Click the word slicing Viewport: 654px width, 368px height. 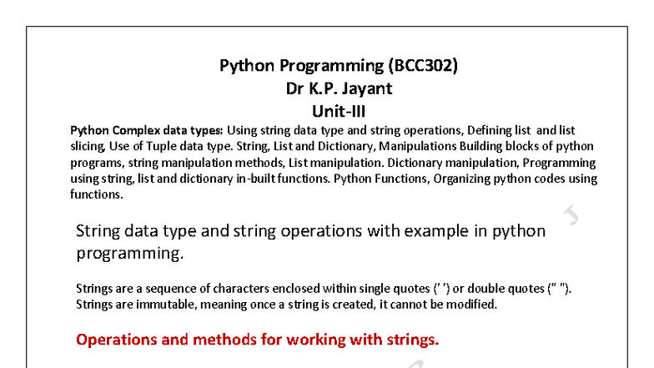pos(88,147)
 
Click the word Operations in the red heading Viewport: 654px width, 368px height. pos(113,340)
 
